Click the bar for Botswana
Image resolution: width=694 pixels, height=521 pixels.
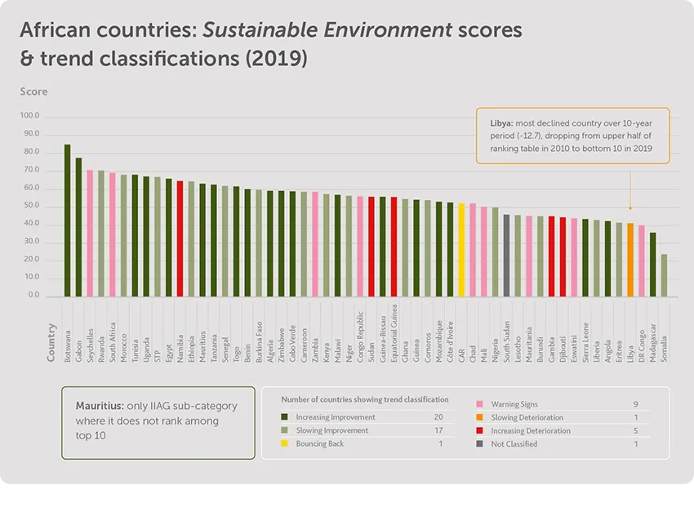[67, 220]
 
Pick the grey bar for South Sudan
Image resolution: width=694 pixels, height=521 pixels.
[506, 256]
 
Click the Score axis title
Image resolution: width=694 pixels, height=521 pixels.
[33, 91]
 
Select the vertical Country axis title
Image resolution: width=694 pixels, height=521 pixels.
[51, 343]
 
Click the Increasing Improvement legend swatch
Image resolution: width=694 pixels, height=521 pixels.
[286, 417]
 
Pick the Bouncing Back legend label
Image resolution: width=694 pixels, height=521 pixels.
[320, 443]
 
